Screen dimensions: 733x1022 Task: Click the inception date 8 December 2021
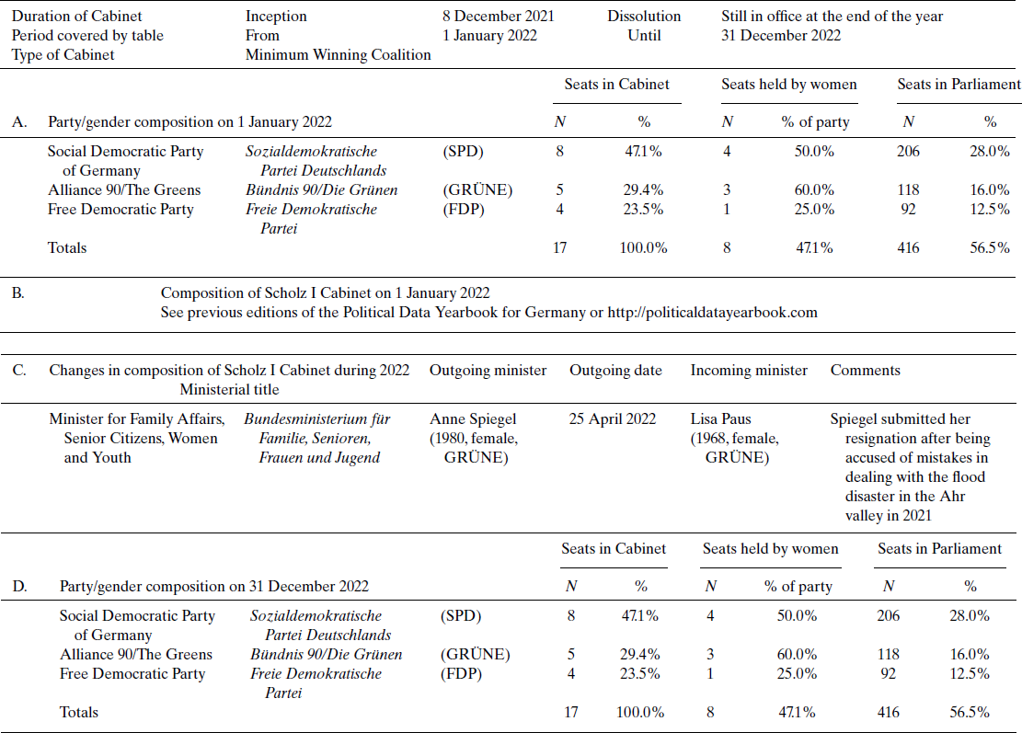(498, 17)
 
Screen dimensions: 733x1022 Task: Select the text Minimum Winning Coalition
(338, 55)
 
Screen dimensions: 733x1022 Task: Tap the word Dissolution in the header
(644, 17)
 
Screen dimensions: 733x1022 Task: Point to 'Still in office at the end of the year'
(832, 17)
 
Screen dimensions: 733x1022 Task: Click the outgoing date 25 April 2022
(613, 419)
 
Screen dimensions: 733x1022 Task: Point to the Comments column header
(865, 371)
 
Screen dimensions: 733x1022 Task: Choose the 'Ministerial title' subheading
(229, 389)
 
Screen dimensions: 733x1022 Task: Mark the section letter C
(18, 371)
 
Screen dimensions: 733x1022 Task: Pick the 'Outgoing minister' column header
(488, 371)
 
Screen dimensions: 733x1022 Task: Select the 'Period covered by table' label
(87, 36)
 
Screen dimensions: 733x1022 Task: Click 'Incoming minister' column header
(749, 371)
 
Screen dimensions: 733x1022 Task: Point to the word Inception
(276, 17)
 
